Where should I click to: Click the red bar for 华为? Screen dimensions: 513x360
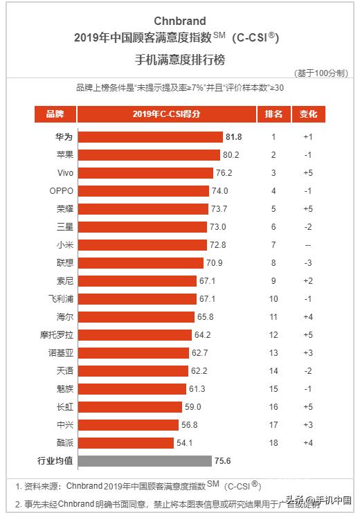[x=150, y=136]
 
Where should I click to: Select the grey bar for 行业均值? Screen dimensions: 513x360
[x=144, y=460]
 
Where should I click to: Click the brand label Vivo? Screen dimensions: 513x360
[x=55, y=172]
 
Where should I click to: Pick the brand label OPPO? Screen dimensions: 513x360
[x=55, y=190]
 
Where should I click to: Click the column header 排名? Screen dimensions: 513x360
[x=273, y=114]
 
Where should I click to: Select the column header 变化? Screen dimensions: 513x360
[x=307, y=114]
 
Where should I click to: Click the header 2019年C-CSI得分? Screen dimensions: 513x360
[x=166, y=114]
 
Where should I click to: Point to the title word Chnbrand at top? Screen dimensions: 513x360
[x=180, y=21]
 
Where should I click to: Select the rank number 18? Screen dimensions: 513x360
[x=273, y=442]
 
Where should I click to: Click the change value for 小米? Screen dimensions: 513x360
[x=307, y=244]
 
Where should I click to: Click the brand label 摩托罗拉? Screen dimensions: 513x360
[x=55, y=334]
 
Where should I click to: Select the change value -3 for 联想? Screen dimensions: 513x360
[x=307, y=262]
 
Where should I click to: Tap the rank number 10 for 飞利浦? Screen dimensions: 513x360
[x=273, y=298]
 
